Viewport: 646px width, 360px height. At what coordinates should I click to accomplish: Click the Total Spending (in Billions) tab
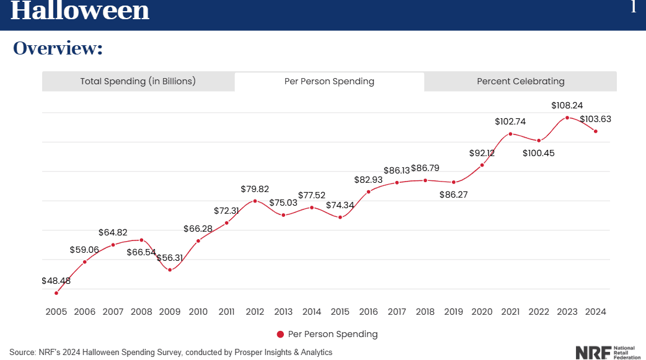point(138,81)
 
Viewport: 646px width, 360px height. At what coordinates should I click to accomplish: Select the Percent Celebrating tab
point(520,81)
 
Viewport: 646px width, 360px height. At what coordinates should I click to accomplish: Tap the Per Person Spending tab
point(329,81)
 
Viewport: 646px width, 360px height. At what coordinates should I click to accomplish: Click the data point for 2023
point(567,118)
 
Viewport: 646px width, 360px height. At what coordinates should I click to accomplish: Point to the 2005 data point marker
point(56,293)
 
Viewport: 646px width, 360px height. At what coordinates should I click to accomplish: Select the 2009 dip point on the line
point(170,270)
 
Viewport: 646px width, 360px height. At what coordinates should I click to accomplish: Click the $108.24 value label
point(567,105)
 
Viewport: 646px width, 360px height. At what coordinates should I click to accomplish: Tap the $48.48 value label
point(56,281)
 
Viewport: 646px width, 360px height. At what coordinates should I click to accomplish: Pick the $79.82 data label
point(255,189)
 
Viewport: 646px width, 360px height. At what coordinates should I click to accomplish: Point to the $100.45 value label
point(539,153)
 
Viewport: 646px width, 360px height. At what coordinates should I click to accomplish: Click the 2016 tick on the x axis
point(368,312)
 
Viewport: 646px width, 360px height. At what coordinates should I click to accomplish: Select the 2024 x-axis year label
point(595,312)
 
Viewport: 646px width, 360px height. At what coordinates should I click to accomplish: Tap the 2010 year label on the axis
point(198,312)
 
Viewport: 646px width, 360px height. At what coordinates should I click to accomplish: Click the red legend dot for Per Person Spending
point(281,335)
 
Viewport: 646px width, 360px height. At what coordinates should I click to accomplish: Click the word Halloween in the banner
point(79,11)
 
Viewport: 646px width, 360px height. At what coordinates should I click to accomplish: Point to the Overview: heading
point(58,48)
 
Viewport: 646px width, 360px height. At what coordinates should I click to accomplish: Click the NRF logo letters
point(593,353)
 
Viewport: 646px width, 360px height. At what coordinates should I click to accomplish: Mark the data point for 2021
point(510,134)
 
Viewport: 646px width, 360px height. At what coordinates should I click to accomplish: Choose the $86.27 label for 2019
point(454,195)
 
